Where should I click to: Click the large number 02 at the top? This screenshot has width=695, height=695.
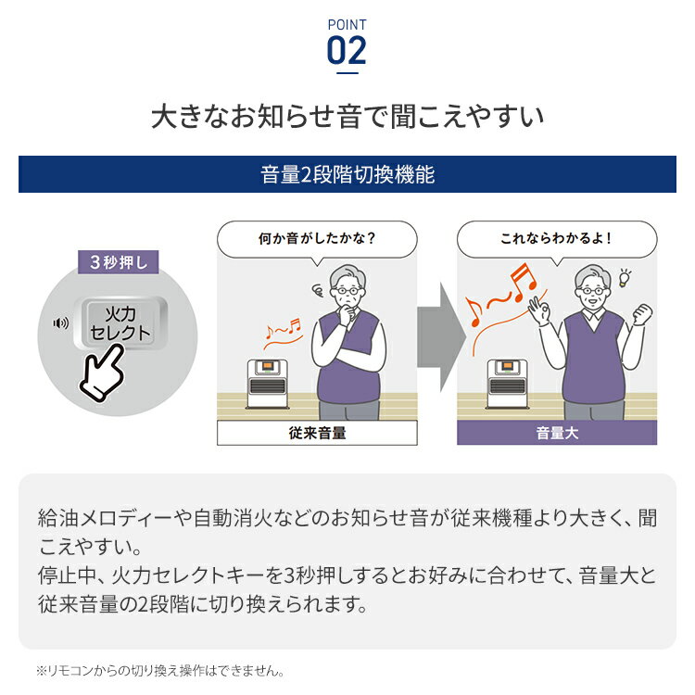point(347,51)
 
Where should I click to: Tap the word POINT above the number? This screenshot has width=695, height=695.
point(347,25)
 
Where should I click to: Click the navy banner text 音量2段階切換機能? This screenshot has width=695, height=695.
point(347,174)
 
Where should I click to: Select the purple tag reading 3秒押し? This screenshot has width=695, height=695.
point(119,262)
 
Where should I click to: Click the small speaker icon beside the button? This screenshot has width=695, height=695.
point(61,322)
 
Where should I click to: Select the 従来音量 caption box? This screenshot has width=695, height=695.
point(317,433)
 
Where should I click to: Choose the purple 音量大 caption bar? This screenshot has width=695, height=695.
point(557,433)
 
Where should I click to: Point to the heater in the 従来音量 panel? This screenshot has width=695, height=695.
point(267,384)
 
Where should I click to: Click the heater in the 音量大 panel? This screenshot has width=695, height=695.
point(507,384)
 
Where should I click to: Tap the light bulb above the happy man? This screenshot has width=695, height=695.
point(625,278)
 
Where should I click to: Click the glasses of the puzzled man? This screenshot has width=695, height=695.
point(347,291)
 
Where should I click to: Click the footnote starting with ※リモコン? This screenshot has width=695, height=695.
point(160,671)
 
